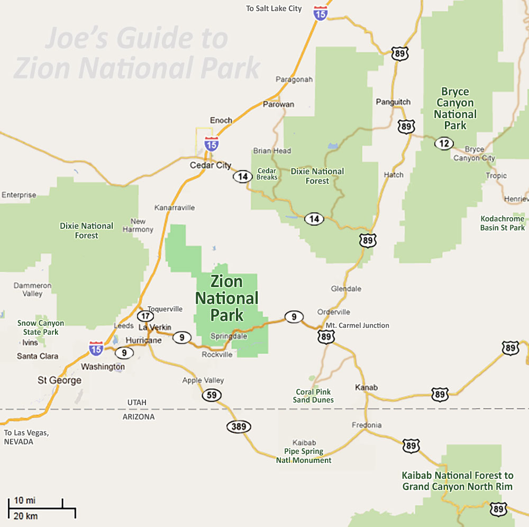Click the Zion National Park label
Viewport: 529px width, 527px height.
click(x=226, y=298)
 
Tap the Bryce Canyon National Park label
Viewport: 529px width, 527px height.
click(x=455, y=109)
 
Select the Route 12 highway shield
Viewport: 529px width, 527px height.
click(x=444, y=143)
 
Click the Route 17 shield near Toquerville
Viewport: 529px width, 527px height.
click(x=145, y=316)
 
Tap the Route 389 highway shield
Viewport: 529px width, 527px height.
click(x=239, y=426)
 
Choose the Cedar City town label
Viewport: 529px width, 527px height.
click(x=211, y=165)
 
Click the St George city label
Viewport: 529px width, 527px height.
click(x=59, y=380)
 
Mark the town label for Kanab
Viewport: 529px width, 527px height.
click(x=366, y=387)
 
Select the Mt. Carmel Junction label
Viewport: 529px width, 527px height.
click(x=357, y=325)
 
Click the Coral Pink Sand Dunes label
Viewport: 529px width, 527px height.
click(x=313, y=396)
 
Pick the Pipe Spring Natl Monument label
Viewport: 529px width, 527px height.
click(x=304, y=455)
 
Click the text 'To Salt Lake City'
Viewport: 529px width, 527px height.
click(x=274, y=8)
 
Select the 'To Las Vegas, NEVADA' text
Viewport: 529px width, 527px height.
click(x=26, y=437)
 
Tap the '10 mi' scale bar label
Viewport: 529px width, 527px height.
click(x=25, y=500)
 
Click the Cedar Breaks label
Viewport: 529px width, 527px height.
click(x=267, y=174)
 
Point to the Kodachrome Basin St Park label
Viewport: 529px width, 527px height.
click(x=502, y=223)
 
